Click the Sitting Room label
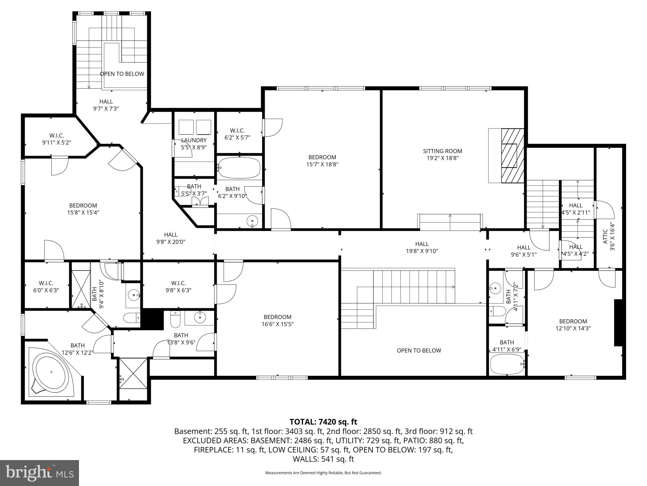[x=442, y=151]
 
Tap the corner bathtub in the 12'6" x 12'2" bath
[x=51, y=372]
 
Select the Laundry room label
[x=194, y=140]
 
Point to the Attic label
[x=605, y=237]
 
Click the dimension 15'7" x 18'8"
[x=322, y=164]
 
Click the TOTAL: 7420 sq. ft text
[x=323, y=422]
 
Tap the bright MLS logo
[x=39, y=473]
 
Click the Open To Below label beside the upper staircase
[x=122, y=74]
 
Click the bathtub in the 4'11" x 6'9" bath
[x=507, y=364]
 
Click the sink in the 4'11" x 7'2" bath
[x=495, y=288]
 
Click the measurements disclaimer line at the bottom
[x=323, y=473]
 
